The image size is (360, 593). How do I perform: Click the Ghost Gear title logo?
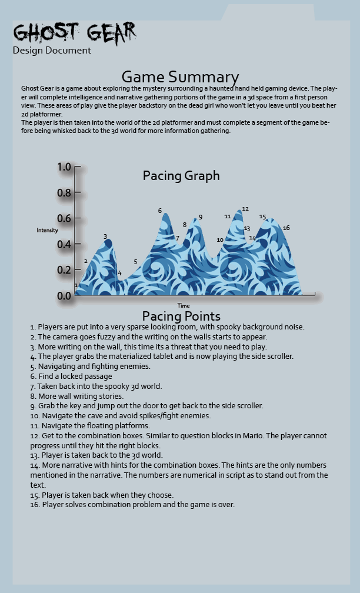click(x=75, y=32)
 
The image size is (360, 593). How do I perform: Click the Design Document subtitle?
click(x=52, y=51)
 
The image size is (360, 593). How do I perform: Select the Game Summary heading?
click(x=180, y=77)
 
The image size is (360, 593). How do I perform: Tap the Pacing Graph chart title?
click(x=181, y=175)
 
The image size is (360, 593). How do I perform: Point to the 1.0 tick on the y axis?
click(x=65, y=167)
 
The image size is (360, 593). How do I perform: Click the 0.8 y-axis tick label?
click(x=65, y=193)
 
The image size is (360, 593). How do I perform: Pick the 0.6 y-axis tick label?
click(x=65, y=218)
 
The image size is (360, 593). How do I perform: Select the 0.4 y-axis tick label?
click(x=65, y=244)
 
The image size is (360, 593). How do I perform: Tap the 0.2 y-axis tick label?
click(x=65, y=270)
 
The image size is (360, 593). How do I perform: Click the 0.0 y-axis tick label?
click(x=65, y=296)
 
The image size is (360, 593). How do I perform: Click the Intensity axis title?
click(x=47, y=230)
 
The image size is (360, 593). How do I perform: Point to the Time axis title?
click(x=184, y=306)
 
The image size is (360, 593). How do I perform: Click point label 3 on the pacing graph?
click(x=105, y=236)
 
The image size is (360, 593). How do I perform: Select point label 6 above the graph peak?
click(x=159, y=211)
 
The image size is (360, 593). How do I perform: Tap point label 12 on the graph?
click(x=245, y=209)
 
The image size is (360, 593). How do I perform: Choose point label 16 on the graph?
click(x=286, y=228)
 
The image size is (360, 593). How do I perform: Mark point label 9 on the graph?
click(x=201, y=217)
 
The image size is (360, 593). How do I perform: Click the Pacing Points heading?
click(x=181, y=317)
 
